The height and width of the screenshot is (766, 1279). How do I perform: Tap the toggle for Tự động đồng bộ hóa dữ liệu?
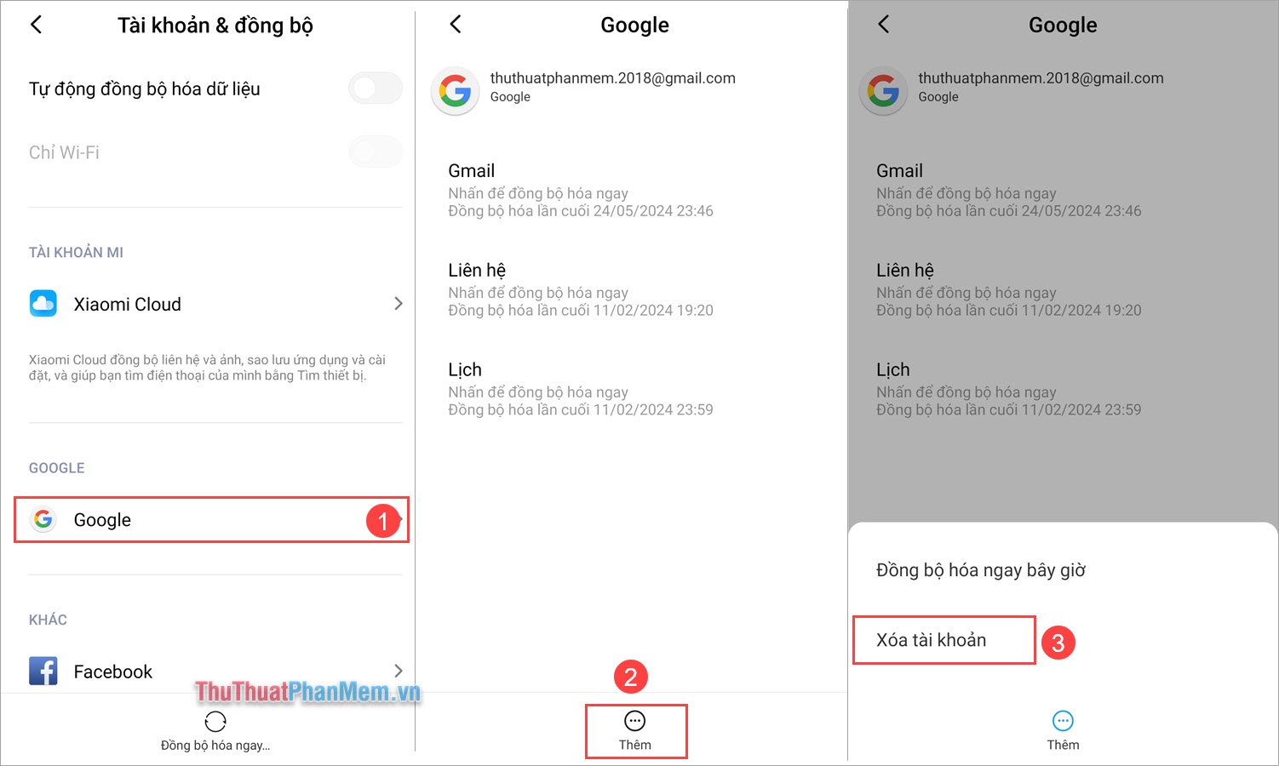point(376,89)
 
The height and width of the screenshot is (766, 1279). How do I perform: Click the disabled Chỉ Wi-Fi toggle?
point(376,152)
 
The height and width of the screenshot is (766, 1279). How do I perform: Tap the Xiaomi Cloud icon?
point(43,304)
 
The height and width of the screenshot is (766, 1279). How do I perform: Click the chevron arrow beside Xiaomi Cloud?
point(398,304)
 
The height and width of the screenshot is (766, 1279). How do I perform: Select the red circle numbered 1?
point(382,520)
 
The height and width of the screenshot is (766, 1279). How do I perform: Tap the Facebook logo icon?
point(43,672)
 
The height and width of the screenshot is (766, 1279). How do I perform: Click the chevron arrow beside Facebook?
point(398,672)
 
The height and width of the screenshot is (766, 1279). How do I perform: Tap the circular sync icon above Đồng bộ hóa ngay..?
point(215,722)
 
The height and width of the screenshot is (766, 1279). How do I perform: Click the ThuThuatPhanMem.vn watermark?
point(307,692)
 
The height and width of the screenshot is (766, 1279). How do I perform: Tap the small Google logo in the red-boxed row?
point(43,519)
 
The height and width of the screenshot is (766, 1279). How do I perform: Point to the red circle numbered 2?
point(631,677)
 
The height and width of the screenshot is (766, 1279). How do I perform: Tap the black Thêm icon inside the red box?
point(635,722)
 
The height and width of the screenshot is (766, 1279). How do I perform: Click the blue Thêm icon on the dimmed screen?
point(1063,722)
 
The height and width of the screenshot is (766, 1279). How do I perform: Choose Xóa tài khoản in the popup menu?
point(932,640)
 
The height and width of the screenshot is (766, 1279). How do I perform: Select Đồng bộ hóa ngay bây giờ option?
point(981,570)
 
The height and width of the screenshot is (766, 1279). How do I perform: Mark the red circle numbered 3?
point(1058,643)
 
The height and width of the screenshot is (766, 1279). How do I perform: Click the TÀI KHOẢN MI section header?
point(76,253)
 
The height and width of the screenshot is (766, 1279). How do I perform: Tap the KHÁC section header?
point(48,620)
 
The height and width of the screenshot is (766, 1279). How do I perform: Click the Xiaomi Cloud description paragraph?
point(207,368)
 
